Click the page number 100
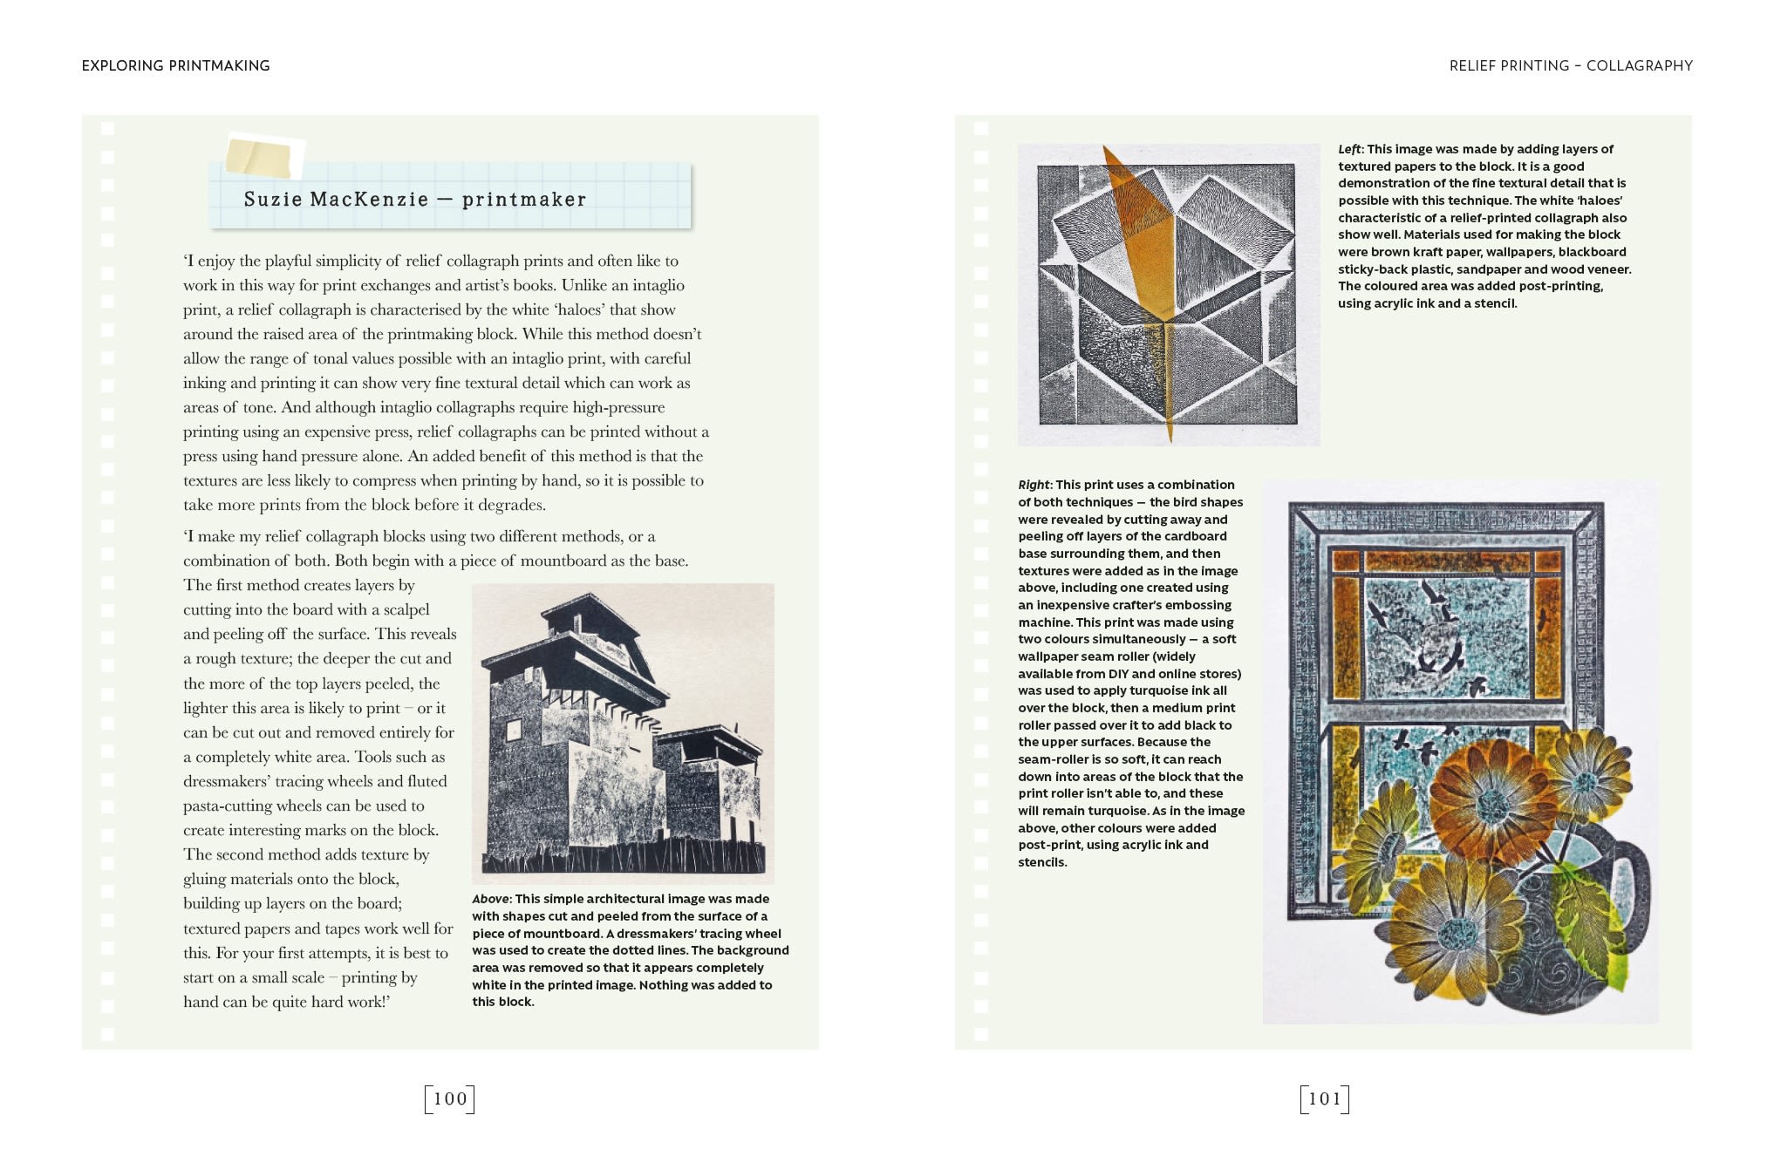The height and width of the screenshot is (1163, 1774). pos(450,1098)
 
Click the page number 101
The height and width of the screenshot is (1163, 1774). pos(1324,1098)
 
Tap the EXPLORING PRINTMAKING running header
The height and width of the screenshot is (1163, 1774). pos(175,65)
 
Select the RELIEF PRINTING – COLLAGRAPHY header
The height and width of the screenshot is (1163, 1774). pos(1570,65)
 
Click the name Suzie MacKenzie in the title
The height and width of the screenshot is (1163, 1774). pos(336,199)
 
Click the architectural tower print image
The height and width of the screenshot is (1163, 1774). pos(623,732)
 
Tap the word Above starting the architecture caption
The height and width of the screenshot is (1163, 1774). pos(490,899)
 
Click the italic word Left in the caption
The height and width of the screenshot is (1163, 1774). pos(1349,149)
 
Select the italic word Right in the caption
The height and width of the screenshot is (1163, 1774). pos(1034,485)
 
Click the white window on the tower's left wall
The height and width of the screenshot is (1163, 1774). pos(514,729)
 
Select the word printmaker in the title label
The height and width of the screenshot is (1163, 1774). pos(523,199)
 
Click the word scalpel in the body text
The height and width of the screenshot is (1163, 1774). pos(406,609)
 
